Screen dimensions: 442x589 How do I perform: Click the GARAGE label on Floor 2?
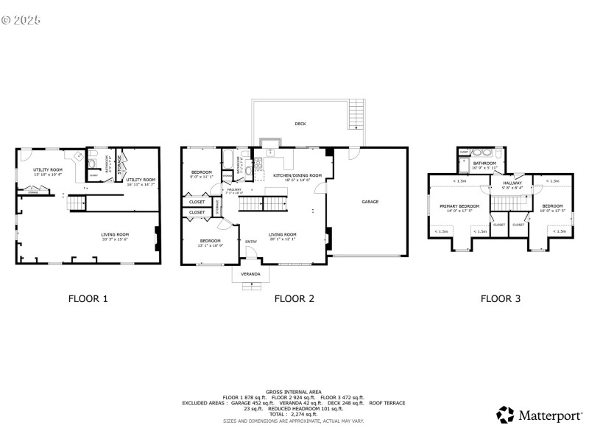tap(370, 201)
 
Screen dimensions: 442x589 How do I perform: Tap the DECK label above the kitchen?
tap(300, 124)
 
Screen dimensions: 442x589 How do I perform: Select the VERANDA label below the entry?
tap(251, 274)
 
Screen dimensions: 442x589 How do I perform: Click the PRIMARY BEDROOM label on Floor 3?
tap(459, 207)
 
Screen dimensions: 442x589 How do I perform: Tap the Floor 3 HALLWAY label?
tap(512, 183)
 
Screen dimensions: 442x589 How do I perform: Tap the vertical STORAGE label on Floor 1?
tap(119, 162)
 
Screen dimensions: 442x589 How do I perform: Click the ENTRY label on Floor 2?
tap(251, 242)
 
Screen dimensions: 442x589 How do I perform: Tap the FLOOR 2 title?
tap(294, 299)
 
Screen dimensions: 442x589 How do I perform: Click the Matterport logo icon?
tap(504, 415)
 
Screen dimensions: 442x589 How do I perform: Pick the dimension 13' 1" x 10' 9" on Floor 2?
tap(209, 245)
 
